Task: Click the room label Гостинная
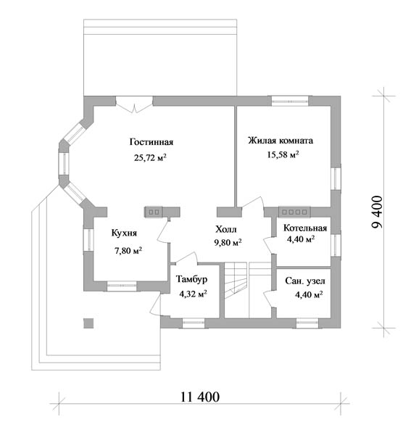click(151, 142)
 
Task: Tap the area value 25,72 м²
click(150, 157)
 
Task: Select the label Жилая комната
click(281, 141)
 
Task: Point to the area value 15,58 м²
click(283, 154)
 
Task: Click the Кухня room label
click(124, 233)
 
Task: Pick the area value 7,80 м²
click(128, 251)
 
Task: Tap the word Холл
click(226, 229)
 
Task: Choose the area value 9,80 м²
click(228, 242)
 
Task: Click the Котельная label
click(305, 228)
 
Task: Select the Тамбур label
click(191, 279)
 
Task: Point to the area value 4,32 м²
click(193, 294)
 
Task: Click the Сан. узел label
click(305, 281)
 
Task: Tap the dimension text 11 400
click(200, 397)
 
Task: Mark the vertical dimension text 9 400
click(377, 212)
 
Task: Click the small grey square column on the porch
click(88, 323)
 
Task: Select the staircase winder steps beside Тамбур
click(236, 280)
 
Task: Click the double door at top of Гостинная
click(134, 104)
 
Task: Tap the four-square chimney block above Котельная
click(294, 212)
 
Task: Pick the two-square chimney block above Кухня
click(154, 212)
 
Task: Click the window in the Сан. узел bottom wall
click(307, 323)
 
